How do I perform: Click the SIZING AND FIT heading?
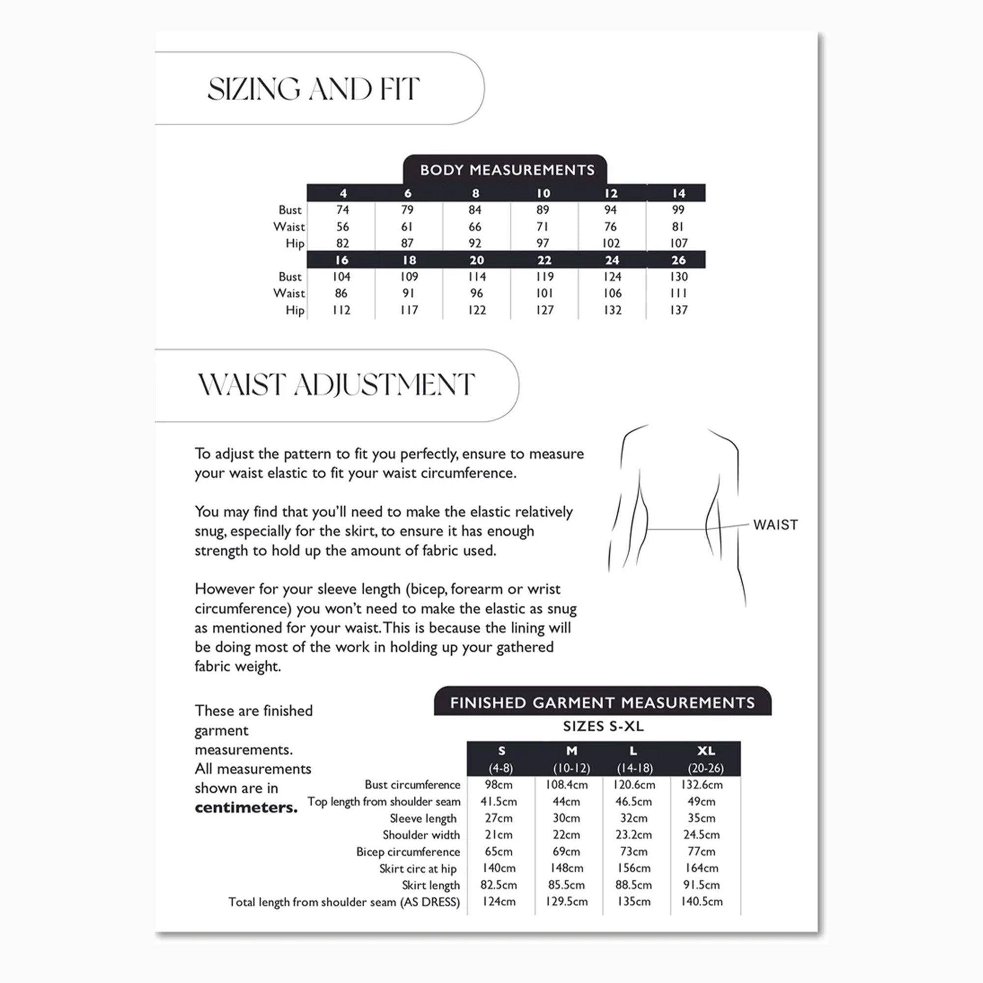tap(314, 89)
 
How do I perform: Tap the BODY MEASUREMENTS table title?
tap(507, 170)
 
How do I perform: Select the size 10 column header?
tap(544, 193)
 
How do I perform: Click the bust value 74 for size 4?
tap(343, 210)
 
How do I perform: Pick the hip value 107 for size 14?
tap(678, 243)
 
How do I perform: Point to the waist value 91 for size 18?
tap(408, 293)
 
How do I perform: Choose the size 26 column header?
tap(678, 260)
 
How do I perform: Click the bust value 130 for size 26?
tap(678, 277)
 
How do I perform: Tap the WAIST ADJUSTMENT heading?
tap(336, 385)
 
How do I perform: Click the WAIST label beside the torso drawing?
tap(776, 524)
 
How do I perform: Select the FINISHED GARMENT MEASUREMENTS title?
tap(603, 703)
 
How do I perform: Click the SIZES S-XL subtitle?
tap(603, 726)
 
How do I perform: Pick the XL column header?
tap(706, 751)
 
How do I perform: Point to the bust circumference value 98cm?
tap(498, 784)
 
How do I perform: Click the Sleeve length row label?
tap(423, 818)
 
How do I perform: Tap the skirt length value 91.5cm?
tap(701, 885)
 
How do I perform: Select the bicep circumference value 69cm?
tap(566, 851)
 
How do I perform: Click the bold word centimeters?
tap(246, 808)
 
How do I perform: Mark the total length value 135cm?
tap(634, 901)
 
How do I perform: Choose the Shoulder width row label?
tap(421, 835)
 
